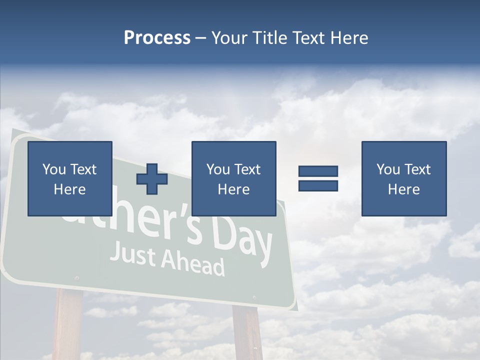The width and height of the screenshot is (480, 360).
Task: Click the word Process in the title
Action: [157, 38]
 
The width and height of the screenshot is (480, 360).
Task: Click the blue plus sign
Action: [152, 179]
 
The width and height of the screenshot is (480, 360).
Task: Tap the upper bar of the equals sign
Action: [318, 171]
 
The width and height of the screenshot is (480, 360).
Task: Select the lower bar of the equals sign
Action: [318, 185]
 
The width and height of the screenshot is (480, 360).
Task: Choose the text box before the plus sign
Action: [70, 178]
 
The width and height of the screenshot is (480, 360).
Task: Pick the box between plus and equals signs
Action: [233, 178]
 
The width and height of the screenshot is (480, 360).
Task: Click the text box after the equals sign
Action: [404, 178]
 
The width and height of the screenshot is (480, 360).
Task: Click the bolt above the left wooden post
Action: [76, 277]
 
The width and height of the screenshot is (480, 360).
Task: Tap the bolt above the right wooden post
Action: [254, 298]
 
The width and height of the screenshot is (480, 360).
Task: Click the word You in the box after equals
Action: [388, 169]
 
